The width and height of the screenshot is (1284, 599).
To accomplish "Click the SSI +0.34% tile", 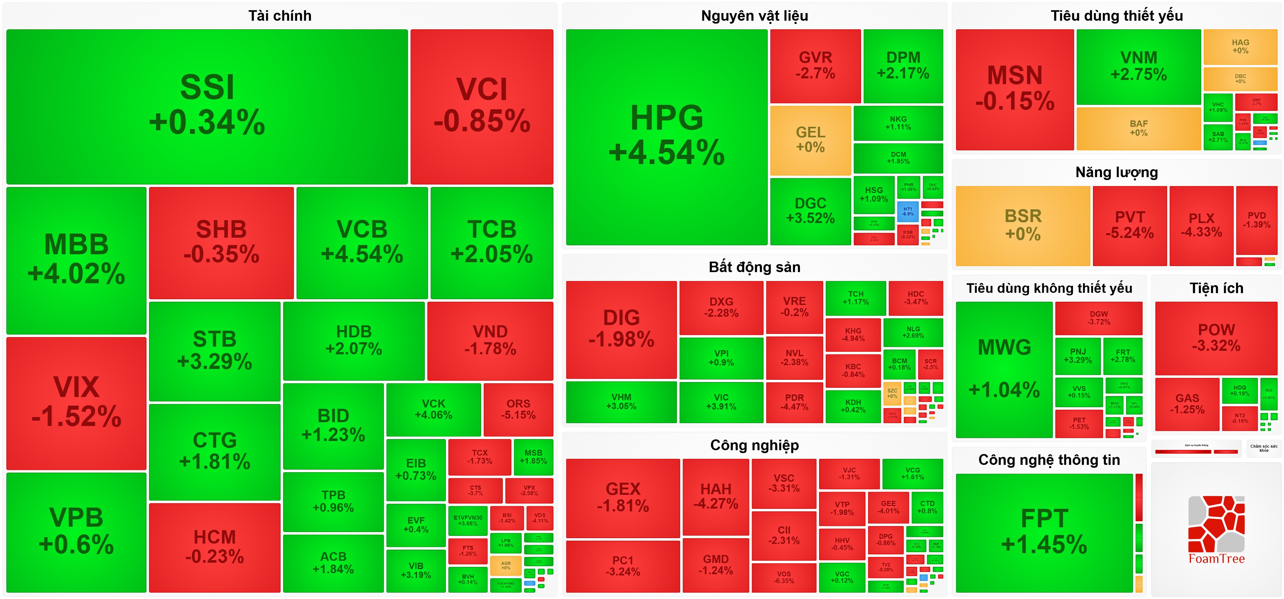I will (x=207, y=106).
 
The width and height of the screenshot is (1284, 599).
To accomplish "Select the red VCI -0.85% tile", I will (x=481, y=106).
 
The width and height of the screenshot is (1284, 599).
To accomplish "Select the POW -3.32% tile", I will (x=1216, y=338).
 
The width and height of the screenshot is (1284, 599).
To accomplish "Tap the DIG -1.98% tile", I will (x=621, y=329).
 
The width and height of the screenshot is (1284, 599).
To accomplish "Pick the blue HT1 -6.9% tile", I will (x=908, y=212).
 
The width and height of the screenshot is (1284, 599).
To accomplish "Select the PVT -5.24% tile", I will (x=1130, y=226).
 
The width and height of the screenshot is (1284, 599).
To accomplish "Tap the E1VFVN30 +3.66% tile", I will (x=467, y=521).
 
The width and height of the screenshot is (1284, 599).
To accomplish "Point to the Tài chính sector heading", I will (x=280, y=16).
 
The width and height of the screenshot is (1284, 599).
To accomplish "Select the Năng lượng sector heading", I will (x=1116, y=173).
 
